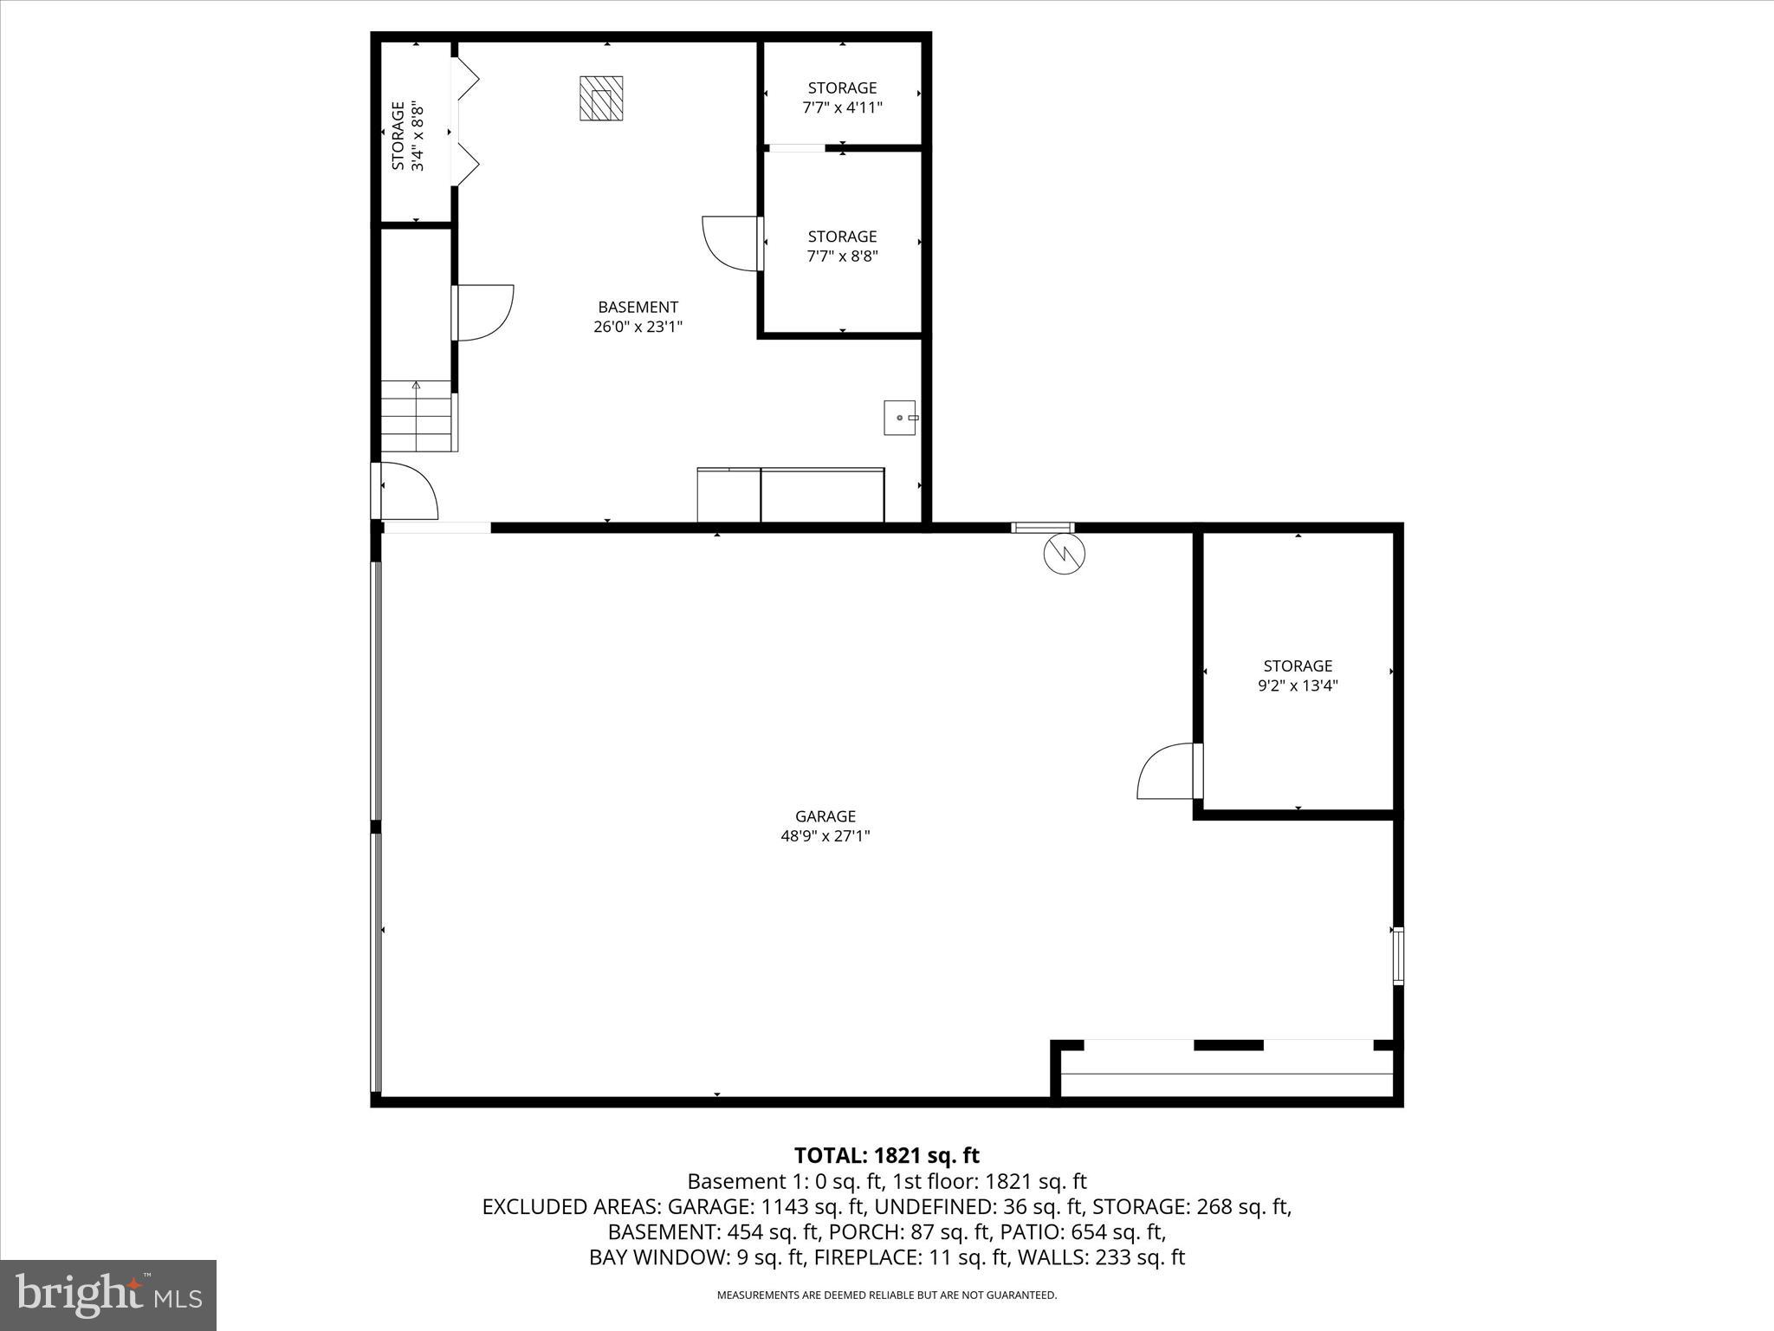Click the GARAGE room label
point(825,816)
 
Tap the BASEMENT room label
point(638,307)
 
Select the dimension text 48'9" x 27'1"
point(825,836)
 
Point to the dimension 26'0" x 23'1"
point(638,327)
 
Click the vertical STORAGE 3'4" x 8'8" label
point(407,136)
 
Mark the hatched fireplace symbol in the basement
point(601,99)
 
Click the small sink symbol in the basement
point(901,418)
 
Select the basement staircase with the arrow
point(418,416)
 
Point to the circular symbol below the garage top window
point(1065,553)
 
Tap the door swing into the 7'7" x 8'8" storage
point(730,243)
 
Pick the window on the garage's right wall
point(1397,956)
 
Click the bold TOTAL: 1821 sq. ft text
point(886,1155)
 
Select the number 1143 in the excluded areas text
point(783,1206)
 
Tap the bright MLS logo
point(108,1295)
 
